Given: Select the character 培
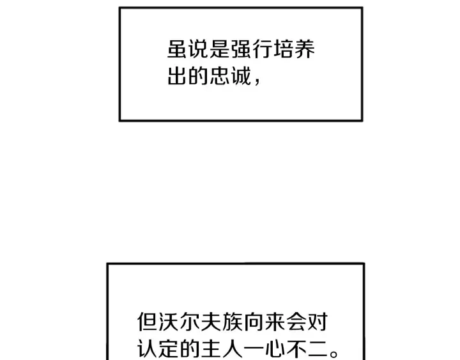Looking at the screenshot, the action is click(x=284, y=49).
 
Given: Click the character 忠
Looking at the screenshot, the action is click(x=220, y=75).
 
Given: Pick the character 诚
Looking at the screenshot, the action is click(x=241, y=75).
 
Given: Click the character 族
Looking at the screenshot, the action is click(x=233, y=322).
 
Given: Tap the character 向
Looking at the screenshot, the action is click(x=254, y=322).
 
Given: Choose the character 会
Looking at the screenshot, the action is click(x=296, y=322).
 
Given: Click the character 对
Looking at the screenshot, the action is click(x=317, y=322).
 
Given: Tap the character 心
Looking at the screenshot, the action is click(x=275, y=349).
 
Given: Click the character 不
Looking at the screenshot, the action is click(x=296, y=349).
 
